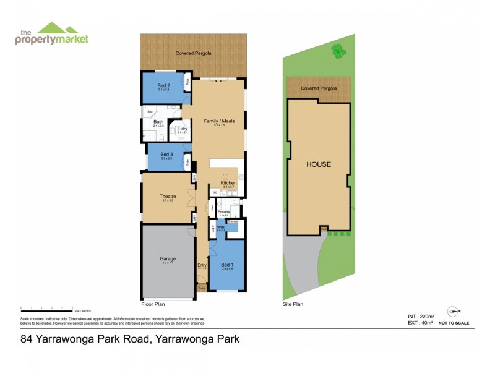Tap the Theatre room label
coord(168,197)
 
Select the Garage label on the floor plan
coord(168,258)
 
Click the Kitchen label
coord(228,184)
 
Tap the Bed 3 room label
coord(166,154)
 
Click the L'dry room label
coord(183,129)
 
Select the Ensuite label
coord(223,211)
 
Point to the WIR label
coord(220,228)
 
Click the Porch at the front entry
coord(202,288)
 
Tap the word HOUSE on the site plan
coord(319,164)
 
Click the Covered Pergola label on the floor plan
coord(193,53)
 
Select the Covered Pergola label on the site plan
coord(319,88)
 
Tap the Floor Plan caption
coord(153,304)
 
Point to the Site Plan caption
coord(293,304)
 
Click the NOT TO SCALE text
coord(454,323)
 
